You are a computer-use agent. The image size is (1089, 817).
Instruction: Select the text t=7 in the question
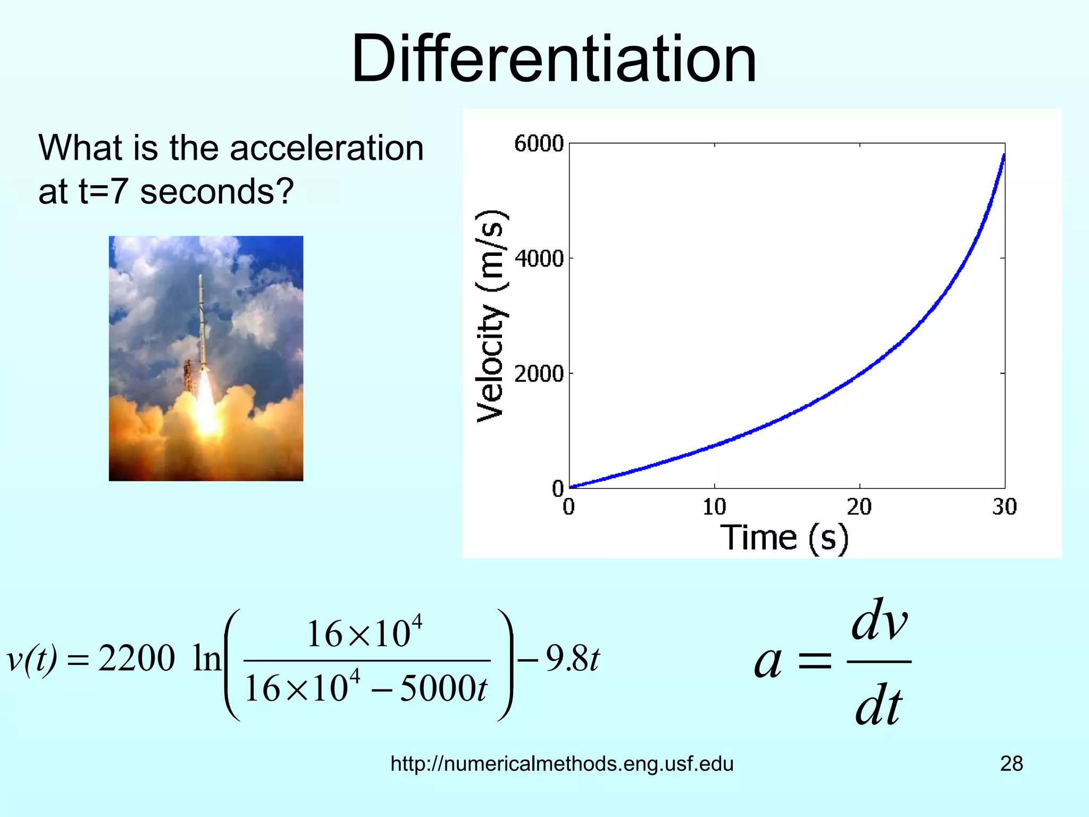pyautogui.click(x=103, y=191)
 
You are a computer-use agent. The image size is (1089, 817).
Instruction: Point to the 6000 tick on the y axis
pyautogui.click(x=539, y=144)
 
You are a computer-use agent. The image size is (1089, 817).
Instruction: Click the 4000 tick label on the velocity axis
pyautogui.click(x=539, y=259)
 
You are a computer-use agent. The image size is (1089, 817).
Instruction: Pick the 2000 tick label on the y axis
pyautogui.click(x=539, y=374)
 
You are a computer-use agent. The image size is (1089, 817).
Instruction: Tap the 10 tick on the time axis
pyautogui.click(x=714, y=507)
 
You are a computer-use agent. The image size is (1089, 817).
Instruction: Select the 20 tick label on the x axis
pyautogui.click(x=859, y=507)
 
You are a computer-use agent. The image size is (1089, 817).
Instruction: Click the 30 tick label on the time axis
pyautogui.click(x=1004, y=507)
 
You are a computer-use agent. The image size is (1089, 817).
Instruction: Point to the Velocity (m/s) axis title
pyautogui.click(x=490, y=316)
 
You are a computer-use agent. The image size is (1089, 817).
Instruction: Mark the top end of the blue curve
pyautogui.click(x=1003, y=156)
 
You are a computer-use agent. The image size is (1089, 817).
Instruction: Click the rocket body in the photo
pyautogui.click(x=202, y=319)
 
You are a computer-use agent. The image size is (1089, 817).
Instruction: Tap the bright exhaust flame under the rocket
pyautogui.click(x=205, y=404)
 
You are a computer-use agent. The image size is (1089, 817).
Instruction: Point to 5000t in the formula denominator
pyautogui.click(x=443, y=689)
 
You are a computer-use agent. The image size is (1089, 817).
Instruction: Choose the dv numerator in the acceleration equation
pyautogui.click(x=879, y=621)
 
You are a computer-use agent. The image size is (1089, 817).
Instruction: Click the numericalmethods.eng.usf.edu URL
pyautogui.click(x=562, y=764)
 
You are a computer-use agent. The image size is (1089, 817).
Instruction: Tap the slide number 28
pyautogui.click(x=1011, y=764)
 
